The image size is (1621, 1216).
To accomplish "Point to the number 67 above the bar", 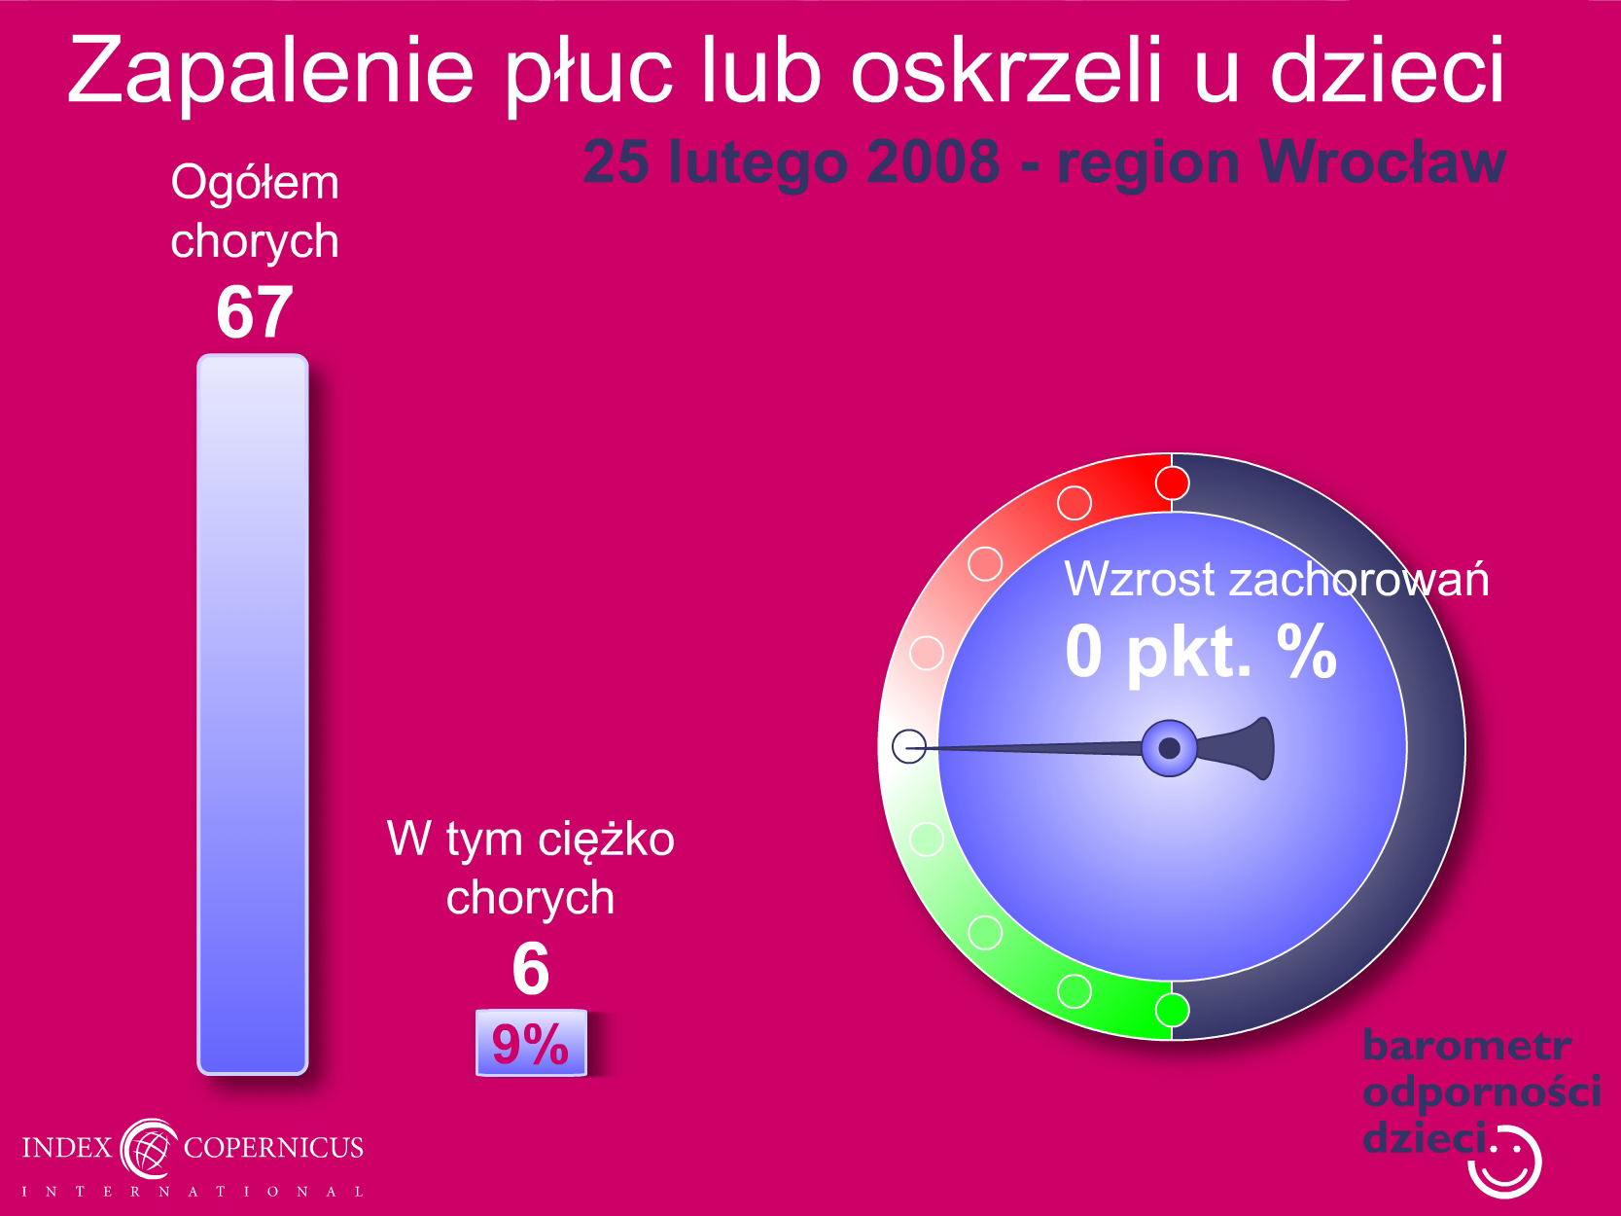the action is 254,312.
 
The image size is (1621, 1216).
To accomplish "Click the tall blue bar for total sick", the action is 253,714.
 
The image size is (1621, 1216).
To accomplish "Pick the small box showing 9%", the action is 531,1043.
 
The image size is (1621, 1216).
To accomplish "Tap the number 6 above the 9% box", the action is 530,969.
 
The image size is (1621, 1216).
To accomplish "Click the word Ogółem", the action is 255,183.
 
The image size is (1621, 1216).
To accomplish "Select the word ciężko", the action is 606,841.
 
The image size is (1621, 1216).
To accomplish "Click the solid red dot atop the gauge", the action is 1172,483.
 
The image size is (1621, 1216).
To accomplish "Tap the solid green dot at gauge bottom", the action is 1172,1010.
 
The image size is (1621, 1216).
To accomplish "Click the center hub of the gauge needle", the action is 1169,748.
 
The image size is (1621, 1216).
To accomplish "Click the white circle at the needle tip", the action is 909,746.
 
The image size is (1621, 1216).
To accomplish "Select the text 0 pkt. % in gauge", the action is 1201,653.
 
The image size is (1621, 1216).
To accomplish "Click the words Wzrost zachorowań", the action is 1276,579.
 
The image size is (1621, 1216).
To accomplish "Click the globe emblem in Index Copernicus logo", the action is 149,1149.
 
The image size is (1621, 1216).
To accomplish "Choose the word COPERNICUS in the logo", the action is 273,1148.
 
